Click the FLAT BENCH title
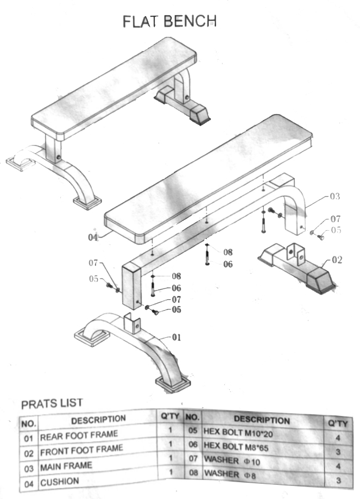(169, 21)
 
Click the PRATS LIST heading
(52, 403)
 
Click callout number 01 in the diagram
(176, 337)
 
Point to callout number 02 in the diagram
(337, 260)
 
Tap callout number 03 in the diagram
(334, 197)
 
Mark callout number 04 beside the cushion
(93, 237)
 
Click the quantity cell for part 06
(338, 452)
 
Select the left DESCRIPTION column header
(98, 420)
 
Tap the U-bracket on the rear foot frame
(132, 323)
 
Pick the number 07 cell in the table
(193, 459)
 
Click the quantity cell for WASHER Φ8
(338, 480)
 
